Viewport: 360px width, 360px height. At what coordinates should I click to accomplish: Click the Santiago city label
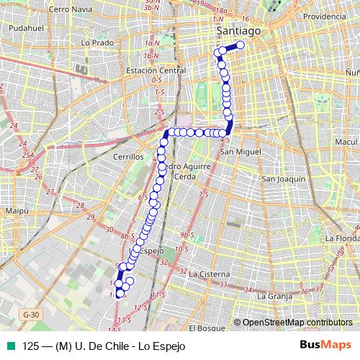(238, 32)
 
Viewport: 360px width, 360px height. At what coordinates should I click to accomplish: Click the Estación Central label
(156, 71)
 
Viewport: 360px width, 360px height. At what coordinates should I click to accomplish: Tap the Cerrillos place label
(120, 155)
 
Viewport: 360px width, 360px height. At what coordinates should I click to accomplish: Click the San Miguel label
(240, 152)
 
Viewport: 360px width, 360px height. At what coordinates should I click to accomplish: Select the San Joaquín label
(284, 179)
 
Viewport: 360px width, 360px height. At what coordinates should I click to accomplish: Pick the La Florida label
(341, 237)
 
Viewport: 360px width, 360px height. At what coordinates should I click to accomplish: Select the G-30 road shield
(30, 315)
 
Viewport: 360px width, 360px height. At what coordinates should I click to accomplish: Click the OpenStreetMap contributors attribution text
(297, 323)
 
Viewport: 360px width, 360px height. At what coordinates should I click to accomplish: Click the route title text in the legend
(104, 346)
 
